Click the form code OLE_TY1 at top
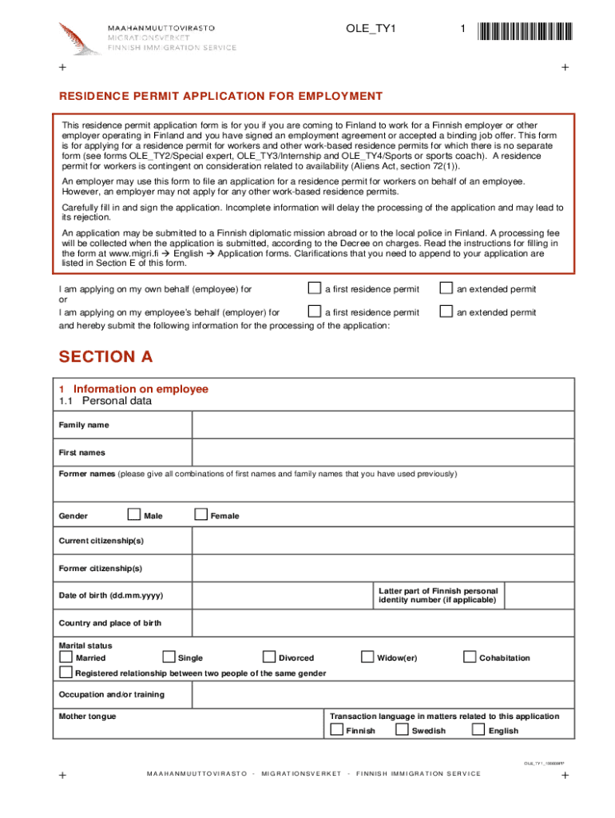(x=371, y=30)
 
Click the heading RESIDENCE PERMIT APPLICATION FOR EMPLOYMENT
(x=221, y=96)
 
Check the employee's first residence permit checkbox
(x=315, y=288)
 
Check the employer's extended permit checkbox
(x=446, y=312)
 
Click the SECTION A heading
(x=105, y=356)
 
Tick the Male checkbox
(x=134, y=515)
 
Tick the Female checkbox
(x=200, y=515)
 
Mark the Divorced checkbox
(x=268, y=657)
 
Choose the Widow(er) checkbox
(x=367, y=657)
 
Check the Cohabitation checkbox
(x=470, y=657)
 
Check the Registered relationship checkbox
(x=65, y=673)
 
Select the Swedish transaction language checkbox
(x=403, y=730)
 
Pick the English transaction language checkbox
(x=478, y=730)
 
